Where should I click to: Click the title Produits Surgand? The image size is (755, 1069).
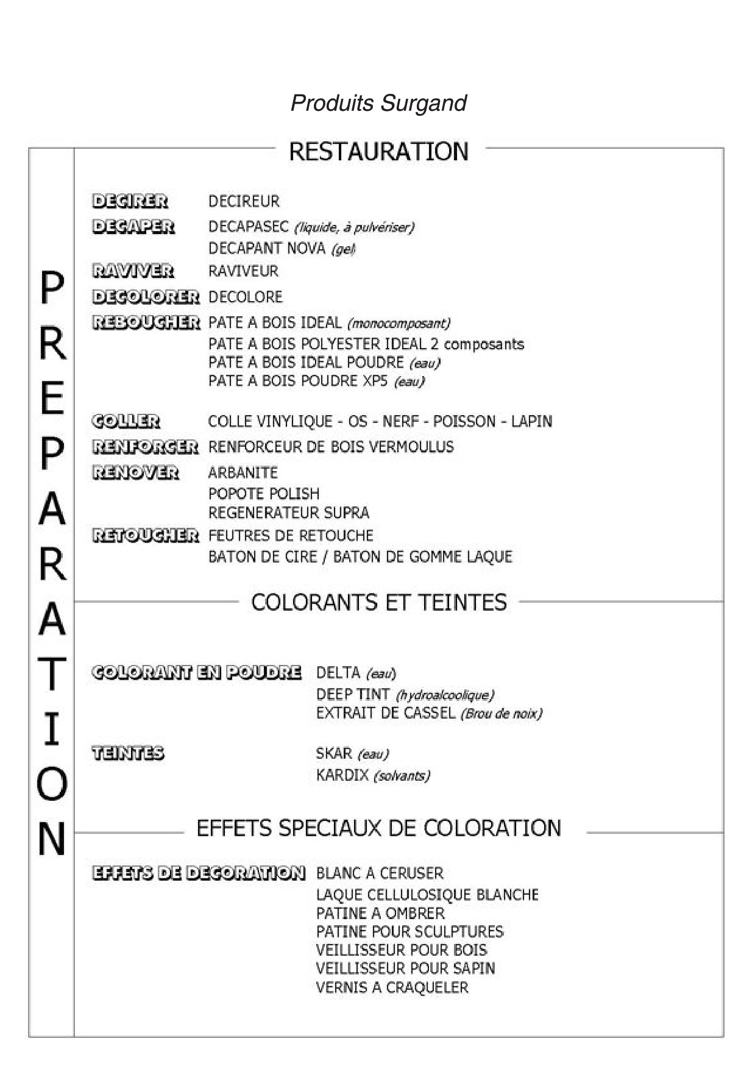pos(378,103)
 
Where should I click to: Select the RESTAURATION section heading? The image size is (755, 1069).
pos(378,151)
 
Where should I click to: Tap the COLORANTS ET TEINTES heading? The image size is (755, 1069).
pos(378,602)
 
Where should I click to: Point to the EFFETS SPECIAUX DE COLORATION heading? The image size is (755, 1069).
pos(378,828)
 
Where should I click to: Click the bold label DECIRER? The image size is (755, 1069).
pos(130,201)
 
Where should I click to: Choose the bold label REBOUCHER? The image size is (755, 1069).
pos(146,322)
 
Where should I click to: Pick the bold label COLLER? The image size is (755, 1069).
pos(126,421)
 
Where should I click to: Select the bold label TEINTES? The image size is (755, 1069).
pos(127,753)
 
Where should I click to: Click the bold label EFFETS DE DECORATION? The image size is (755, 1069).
pos(198,873)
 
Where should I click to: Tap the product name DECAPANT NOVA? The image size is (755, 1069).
pos(267,249)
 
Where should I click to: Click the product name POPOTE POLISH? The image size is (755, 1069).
pos(264,494)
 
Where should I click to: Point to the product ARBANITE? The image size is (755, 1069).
pos(243,473)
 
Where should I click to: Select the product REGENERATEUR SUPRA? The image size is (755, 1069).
pos(289,513)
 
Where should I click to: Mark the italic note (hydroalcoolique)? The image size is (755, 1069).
pos(445,695)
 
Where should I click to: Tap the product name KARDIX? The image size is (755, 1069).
pos(342,775)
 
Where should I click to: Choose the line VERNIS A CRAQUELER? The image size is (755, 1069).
pos(392,987)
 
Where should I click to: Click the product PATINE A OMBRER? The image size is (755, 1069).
pos(380,913)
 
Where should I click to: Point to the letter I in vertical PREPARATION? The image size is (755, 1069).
pos(52,730)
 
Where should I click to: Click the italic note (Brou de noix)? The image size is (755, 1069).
pos(501,713)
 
